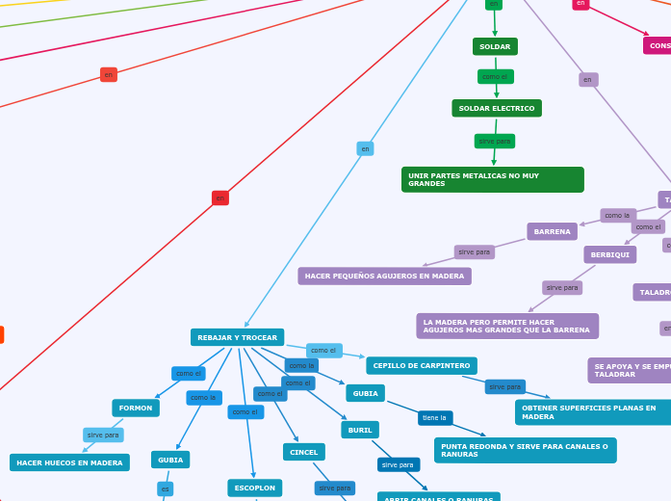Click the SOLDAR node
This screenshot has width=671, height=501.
tap(495, 46)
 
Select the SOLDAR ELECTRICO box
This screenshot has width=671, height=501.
tap(497, 108)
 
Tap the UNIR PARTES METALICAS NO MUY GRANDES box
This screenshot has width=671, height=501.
tap(492, 179)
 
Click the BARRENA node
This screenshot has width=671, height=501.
tap(552, 231)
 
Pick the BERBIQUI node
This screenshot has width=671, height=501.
tap(609, 254)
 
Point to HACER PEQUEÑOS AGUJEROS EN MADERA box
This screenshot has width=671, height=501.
tap(384, 276)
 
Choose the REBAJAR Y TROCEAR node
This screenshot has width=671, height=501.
tap(237, 337)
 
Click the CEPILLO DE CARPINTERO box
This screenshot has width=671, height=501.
tap(422, 365)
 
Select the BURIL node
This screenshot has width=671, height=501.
tap(360, 430)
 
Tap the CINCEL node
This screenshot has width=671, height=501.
tap(303, 452)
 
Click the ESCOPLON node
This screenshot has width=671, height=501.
tap(255, 488)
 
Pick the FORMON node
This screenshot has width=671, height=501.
tap(136, 408)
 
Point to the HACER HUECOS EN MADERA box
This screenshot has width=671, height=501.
tap(69, 462)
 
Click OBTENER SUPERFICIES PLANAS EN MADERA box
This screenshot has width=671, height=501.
tap(592, 412)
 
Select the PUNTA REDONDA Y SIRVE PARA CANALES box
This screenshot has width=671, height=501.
tap(525, 450)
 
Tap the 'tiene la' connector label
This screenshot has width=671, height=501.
tap(435, 417)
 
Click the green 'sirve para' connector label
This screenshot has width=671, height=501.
tap(495, 141)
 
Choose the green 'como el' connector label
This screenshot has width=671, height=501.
tap(495, 76)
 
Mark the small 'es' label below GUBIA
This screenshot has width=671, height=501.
tap(166, 488)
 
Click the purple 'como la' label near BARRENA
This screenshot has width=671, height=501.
tap(617, 216)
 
